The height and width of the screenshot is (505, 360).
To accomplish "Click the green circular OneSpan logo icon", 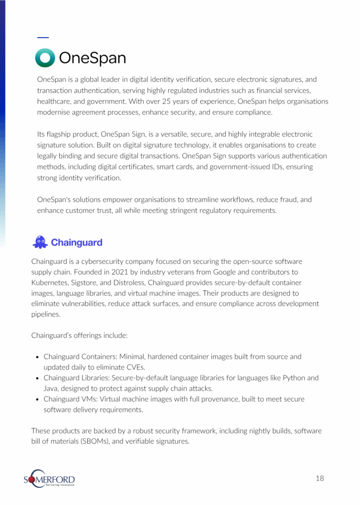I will [x=45, y=58].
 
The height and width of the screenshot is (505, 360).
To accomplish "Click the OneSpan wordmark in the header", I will [x=92, y=59].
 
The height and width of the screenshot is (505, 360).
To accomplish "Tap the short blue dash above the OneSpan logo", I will [x=43, y=37].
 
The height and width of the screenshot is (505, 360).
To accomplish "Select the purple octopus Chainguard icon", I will [x=40, y=242].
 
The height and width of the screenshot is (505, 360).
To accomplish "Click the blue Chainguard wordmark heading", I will [x=76, y=243].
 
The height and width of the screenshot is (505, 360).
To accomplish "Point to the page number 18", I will [x=320, y=478].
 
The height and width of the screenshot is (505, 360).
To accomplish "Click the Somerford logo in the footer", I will [x=49, y=479].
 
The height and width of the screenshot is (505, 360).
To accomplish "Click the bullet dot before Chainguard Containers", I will [x=38, y=357].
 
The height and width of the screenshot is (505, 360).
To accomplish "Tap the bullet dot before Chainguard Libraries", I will [x=38, y=378].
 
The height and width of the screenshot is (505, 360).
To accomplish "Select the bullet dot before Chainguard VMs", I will [x=38, y=399].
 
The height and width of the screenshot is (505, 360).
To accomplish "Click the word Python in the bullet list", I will [x=280, y=378].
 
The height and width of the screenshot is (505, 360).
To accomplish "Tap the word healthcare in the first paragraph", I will [x=55, y=101].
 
